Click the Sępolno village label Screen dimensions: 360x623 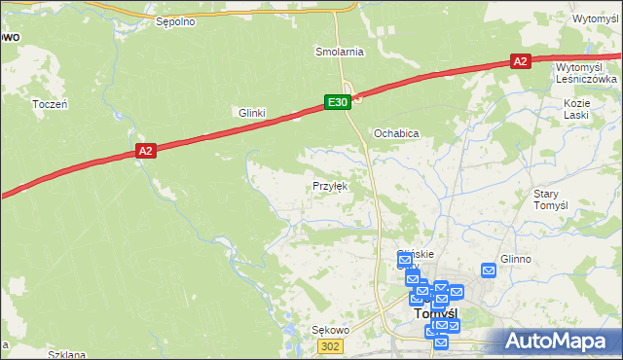pos(175,19)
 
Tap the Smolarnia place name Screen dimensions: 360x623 pos(339,51)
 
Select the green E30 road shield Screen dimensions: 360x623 pos(337,102)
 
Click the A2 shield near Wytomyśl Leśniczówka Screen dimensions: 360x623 pos(520,61)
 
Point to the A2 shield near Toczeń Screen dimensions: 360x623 pos(145,151)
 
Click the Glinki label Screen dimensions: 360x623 pos(252,113)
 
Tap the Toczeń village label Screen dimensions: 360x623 pos(49,103)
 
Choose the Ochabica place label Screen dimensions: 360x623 pos(396,132)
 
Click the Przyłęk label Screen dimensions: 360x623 pos(329,185)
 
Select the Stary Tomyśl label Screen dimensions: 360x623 pos(552,199)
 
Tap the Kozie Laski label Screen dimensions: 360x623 pos(577,108)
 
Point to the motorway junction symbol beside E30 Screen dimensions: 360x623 pos(357,96)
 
